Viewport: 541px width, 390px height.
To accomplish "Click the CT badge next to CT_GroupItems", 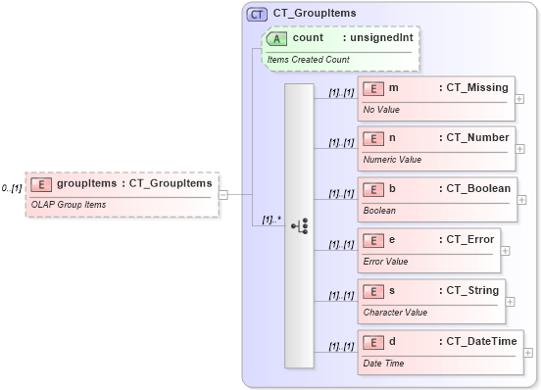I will coord(257,14).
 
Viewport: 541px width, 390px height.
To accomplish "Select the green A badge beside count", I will coord(277,38).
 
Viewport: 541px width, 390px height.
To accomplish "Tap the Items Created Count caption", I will coord(308,59).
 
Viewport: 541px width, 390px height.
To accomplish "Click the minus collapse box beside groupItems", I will coord(223,193).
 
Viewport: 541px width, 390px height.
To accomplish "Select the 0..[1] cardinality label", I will coord(12,187).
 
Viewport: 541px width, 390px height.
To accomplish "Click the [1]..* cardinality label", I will coord(271,220).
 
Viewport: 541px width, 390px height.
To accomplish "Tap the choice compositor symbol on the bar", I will coord(300,226).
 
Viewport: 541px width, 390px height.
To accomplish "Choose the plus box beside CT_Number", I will coord(519,150).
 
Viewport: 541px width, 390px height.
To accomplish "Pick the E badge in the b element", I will coord(372,189).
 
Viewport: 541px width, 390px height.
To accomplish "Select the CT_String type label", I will coord(469,291).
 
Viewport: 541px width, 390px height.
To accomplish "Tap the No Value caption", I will coord(381,109).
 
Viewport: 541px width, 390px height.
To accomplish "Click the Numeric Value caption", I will coord(392,159).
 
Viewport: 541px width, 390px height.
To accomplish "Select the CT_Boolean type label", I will coord(473,189).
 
